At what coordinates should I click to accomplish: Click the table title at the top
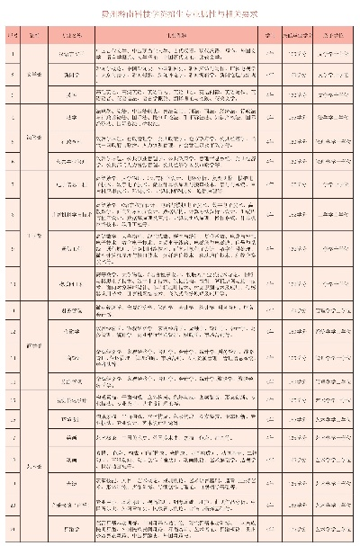tap(180, 13)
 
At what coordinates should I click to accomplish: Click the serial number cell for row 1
tap(12, 54)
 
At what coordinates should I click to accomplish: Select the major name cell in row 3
tap(73, 94)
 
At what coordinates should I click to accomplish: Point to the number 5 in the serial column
tap(12, 141)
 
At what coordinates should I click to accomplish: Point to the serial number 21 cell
tap(12, 531)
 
